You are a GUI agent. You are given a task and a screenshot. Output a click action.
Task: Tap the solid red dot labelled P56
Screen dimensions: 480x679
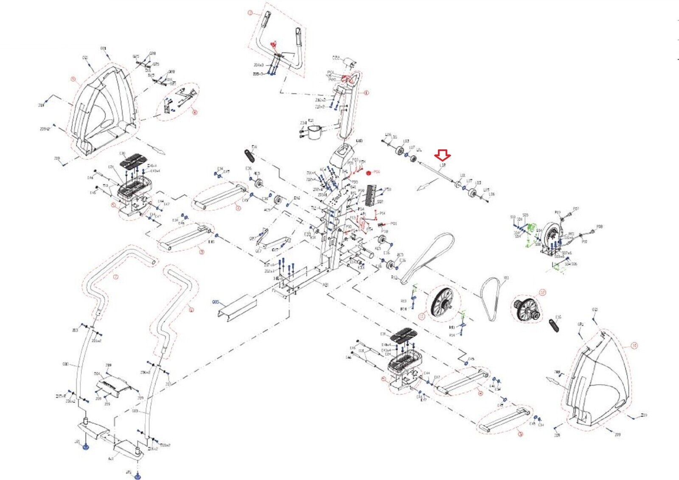click(x=368, y=172)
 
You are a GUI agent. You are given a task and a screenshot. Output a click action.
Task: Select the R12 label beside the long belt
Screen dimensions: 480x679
click(x=394, y=278)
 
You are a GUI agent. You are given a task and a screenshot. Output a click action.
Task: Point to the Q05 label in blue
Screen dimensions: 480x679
click(x=216, y=302)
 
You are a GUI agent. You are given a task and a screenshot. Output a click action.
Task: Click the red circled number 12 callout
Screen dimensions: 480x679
click(x=542, y=292)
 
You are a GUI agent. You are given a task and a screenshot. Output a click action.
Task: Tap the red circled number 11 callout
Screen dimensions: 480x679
click(x=421, y=316)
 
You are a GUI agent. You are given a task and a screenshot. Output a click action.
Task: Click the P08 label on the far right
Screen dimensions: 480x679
click(x=600, y=227)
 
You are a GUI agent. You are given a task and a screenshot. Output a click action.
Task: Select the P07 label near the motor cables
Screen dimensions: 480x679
click(x=576, y=209)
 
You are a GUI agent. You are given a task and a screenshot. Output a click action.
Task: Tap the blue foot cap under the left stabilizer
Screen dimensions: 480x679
click(x=86, y=447)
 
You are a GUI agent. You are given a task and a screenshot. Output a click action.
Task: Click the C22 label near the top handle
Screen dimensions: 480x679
click(x=336, y=57)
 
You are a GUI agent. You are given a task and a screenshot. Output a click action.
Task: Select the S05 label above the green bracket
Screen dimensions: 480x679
click(x=525, y=215)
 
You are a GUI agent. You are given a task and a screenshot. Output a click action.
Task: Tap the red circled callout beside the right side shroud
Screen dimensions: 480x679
click(x=634, y=346)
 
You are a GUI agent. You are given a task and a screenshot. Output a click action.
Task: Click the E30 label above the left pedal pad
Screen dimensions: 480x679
click(x=122, y=154)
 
